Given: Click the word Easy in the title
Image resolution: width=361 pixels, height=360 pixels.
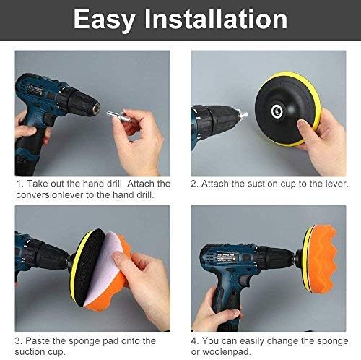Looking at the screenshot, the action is [x=104, y=20].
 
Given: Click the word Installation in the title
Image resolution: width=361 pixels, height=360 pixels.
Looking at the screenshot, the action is [x=216, y=19].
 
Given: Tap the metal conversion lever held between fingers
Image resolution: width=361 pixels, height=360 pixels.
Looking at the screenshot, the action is [x=116, y=116].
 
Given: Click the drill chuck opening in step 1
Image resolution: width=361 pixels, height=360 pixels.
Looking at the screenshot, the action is [x=97, y=108].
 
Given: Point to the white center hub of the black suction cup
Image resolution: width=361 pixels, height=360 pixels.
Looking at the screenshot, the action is [x=277, y=111].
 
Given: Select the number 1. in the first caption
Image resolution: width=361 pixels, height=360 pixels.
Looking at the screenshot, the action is [x=19, y=184].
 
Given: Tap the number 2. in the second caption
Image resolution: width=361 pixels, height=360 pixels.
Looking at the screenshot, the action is [x=195, y=184].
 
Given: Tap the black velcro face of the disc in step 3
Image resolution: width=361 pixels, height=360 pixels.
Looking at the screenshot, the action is [x=90, y=266].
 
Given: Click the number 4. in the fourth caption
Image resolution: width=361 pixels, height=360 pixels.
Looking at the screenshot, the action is [x=195, y=341].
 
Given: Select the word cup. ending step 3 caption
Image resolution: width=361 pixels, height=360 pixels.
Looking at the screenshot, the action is [x=56, y=352].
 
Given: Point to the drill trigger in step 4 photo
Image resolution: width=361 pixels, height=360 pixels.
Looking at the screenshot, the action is [x=245, y=280].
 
